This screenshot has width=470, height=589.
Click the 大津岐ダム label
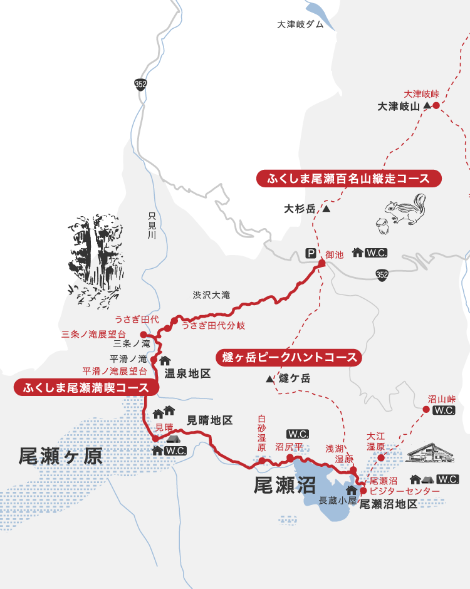pos(300,24)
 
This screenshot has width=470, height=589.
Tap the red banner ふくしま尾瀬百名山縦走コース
pos(349,179)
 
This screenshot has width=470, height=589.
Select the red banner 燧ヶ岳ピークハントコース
pos(290,358)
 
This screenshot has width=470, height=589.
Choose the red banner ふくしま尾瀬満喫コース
pos(86,387)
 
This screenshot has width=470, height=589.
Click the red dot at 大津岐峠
pos(436,105)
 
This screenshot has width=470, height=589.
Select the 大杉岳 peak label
pos(300,209)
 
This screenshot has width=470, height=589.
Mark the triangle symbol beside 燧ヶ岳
pos(269,379)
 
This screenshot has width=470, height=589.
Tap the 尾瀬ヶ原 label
pos(60,456)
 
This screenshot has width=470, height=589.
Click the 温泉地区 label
pos(187,373)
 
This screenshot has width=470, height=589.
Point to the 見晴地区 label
pos(210,420)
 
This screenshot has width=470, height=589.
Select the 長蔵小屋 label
pos(338,501)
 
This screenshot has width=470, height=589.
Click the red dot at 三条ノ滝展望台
pos(143,334)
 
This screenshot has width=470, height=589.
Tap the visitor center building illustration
pos(430,454)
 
